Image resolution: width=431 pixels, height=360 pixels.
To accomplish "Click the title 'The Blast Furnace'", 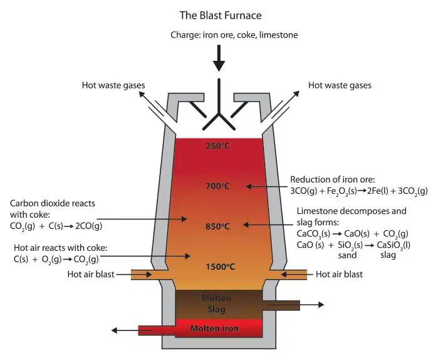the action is (221, 16).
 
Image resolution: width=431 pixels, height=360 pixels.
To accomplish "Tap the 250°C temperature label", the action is (217, 146).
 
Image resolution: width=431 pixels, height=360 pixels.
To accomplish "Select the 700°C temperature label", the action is (217, 186).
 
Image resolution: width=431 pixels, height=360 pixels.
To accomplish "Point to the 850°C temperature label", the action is (217, 226).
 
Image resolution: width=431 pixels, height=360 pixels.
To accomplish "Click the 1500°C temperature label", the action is (221, 267).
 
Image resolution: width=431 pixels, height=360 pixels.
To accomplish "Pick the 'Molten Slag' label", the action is (217, 304).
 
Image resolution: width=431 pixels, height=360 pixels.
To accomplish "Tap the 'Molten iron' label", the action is (214, 329).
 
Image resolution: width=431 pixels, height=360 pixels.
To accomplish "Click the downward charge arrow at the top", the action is (219, 58).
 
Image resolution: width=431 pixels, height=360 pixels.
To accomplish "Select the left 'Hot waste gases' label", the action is (113, 85).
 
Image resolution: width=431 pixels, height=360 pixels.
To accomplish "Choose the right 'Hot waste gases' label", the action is (340, 85).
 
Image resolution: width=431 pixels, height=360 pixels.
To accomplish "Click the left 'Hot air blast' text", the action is (91, 275).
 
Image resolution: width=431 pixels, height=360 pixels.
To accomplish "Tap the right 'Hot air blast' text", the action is (339, 275).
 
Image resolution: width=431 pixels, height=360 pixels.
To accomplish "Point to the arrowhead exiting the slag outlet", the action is (321, 305).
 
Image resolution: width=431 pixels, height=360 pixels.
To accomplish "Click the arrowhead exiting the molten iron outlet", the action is (115, 331).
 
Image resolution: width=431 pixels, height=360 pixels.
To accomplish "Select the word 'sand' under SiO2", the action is (348, 255).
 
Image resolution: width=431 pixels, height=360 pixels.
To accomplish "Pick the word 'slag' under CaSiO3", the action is (388, 255).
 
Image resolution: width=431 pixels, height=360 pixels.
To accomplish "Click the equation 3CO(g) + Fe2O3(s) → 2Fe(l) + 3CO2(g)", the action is (359, 191).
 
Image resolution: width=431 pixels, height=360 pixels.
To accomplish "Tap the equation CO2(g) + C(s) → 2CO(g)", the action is (56, 226).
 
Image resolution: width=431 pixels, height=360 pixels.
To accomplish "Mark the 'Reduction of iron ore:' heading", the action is (333, 180).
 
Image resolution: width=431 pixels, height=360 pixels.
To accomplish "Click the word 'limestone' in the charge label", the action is (279, 35).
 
